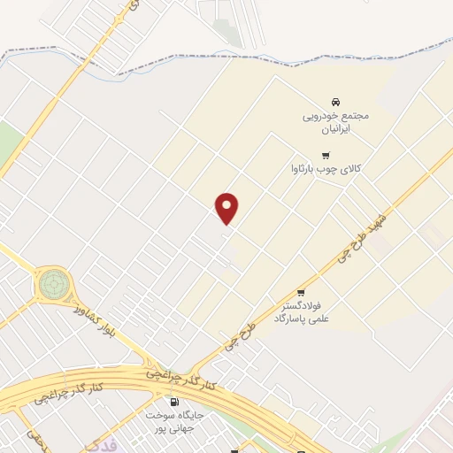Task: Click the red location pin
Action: coord(227,207)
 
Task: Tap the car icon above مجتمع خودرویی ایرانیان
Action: coord(334,102)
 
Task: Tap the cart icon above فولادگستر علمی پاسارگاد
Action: coord(301,293)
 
